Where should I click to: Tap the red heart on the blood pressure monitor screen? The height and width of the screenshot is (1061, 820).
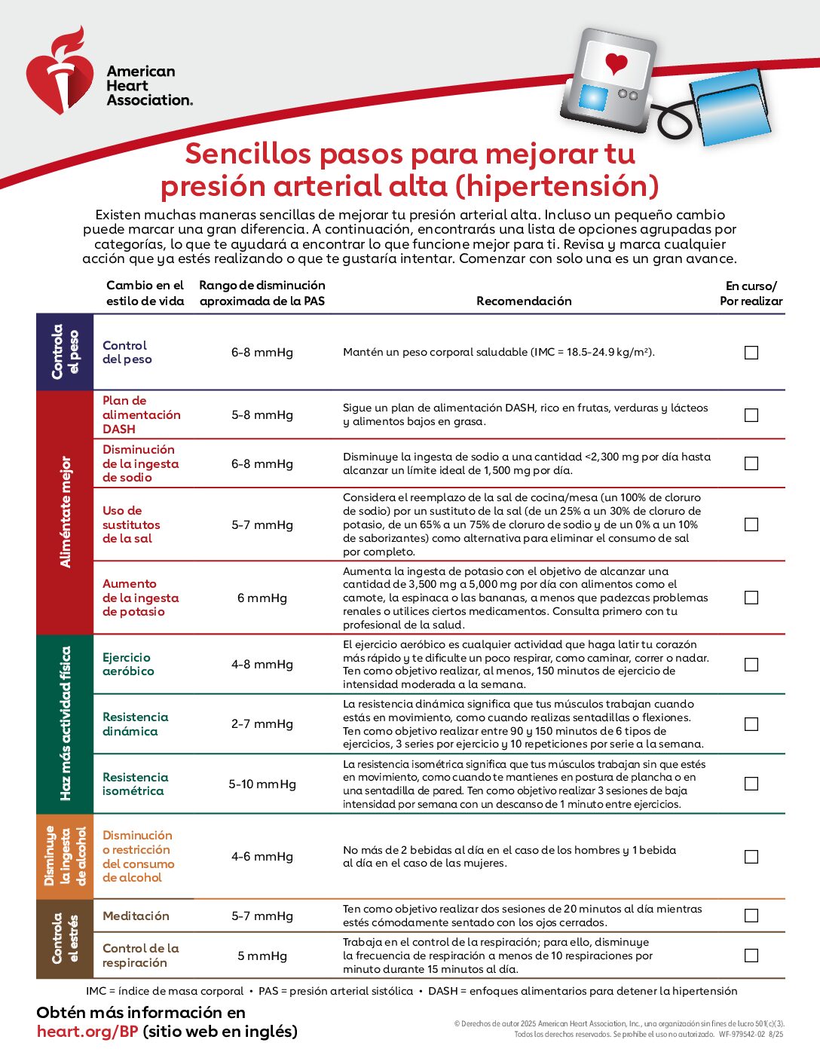pos(616,63)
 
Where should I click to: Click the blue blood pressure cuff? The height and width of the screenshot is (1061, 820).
pos(730,109)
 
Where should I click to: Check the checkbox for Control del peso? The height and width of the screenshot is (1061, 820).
pos(751,353)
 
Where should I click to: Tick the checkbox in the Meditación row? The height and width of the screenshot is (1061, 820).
pos(751,916)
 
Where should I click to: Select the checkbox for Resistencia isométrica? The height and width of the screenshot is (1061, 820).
pos(751,784)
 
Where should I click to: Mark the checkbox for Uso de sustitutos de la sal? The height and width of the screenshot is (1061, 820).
pos(751,524)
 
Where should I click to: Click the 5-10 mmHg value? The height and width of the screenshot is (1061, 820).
pos(262,784)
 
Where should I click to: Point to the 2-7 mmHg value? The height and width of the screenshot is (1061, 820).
pos(262,724)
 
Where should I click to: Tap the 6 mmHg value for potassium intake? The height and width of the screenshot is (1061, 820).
pos(262,598)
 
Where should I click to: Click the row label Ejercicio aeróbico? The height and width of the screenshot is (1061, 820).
pos(128,664)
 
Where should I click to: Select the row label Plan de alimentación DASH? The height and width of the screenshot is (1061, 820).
pos(141,414)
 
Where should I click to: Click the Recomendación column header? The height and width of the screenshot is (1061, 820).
pos(524,301)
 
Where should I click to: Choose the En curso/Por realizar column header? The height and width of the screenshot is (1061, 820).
pos(751,293)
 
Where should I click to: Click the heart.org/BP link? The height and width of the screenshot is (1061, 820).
pos(87,1032)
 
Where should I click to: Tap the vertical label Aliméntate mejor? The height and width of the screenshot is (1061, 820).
pos(66,512)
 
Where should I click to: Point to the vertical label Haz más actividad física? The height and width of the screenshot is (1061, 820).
pos(66,723)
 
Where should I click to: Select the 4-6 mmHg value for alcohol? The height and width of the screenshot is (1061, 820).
pos(262,857)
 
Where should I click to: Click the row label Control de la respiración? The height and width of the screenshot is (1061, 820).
pos(141,956)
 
